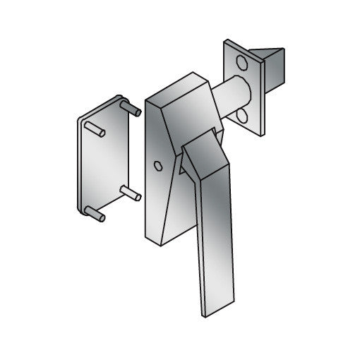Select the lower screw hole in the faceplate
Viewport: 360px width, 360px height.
(242, 115)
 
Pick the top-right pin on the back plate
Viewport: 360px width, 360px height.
(130, 107)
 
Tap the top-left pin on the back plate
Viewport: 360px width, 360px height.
(95, 131)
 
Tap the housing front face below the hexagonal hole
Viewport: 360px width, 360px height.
(157, 201)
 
